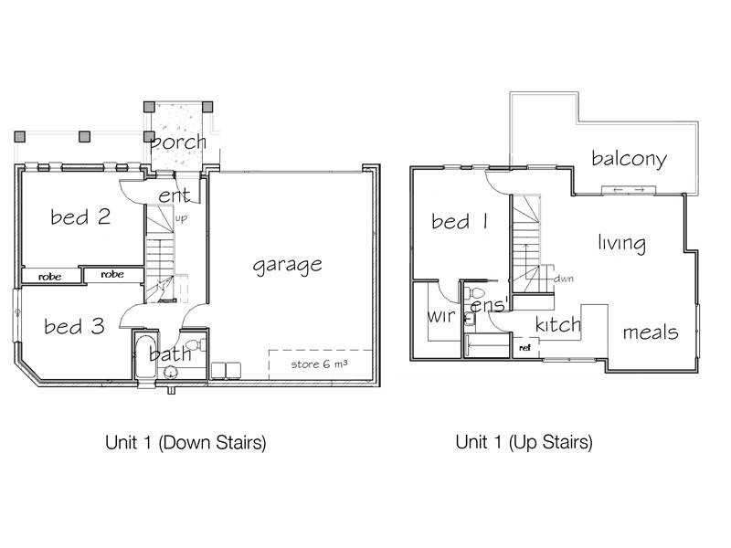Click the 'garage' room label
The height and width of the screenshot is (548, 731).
(287, 265)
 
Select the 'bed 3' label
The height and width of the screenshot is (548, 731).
(75, 325)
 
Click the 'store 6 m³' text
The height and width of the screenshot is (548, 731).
(319, 365)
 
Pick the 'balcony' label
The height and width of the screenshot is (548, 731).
(629, 159)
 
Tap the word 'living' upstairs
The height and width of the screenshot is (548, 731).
(621, 244)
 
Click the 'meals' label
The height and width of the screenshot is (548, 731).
(650, 332)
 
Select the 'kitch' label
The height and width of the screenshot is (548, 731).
(558, 325)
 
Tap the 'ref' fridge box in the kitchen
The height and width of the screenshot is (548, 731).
(524, 348)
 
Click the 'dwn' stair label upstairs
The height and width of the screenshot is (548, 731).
(563, 279)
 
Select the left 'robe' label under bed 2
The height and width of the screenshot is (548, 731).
(49, 274)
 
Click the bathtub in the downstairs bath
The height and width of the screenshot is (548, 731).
(145, 361)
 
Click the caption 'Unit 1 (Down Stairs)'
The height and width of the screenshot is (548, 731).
(185, 444)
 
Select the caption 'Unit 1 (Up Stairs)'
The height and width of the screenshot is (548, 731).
(524, 444)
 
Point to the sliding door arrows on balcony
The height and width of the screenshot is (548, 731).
(631, 189)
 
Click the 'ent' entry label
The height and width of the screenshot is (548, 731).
(174, 196)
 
